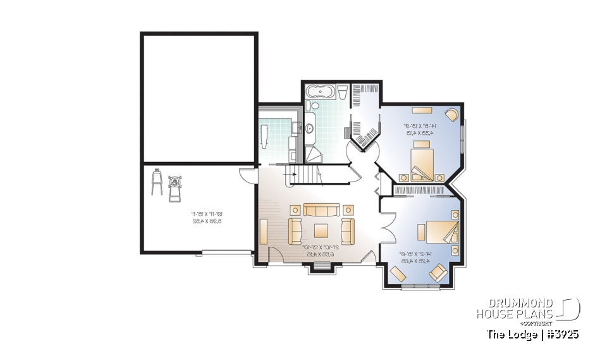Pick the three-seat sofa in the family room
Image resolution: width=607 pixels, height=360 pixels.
pos(321,209)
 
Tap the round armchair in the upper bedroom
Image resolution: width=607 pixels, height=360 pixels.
pos(452,115)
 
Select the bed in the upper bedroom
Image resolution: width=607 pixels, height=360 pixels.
pos(422,161)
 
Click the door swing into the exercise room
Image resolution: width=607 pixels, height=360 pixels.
pos(247,173)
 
